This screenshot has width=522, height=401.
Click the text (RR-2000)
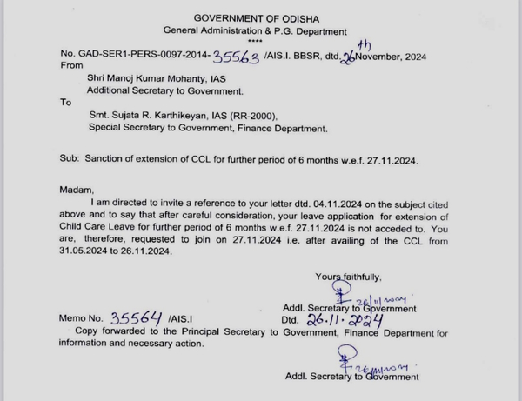pos(301,114)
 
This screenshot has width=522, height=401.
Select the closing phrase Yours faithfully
pos(348,277)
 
